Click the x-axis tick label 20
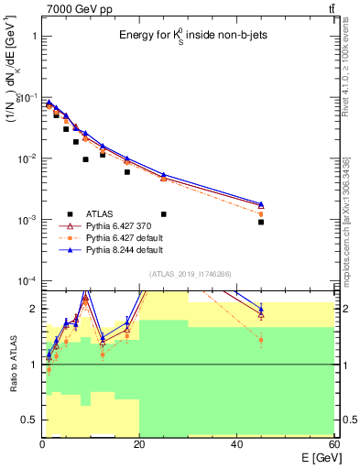(139, 444)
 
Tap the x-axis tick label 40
(236, 444)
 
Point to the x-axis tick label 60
(333, 444)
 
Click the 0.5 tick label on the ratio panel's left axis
(27, 420)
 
